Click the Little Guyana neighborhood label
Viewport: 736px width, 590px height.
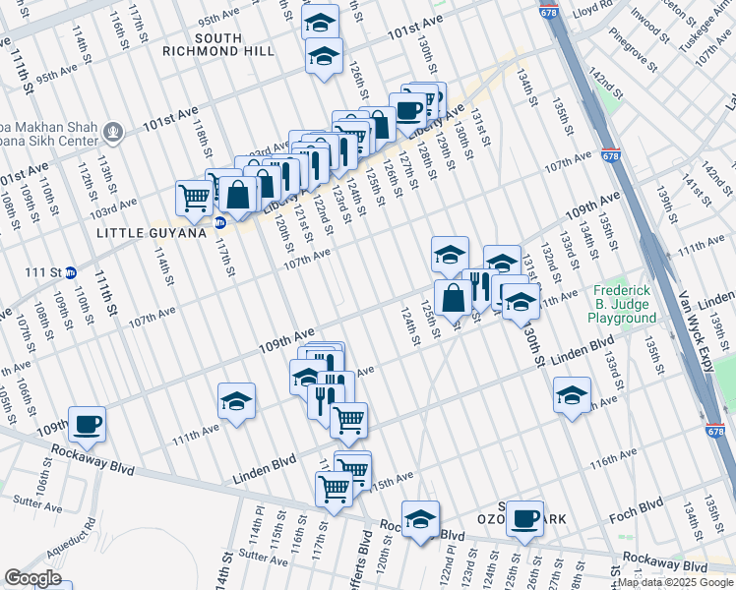154,232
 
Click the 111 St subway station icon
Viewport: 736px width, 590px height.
70,271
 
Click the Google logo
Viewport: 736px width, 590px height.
32,578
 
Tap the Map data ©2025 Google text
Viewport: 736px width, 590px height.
676,583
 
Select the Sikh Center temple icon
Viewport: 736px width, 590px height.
114,130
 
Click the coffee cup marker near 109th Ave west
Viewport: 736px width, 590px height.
87,423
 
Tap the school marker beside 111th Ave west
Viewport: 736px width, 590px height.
236,400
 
